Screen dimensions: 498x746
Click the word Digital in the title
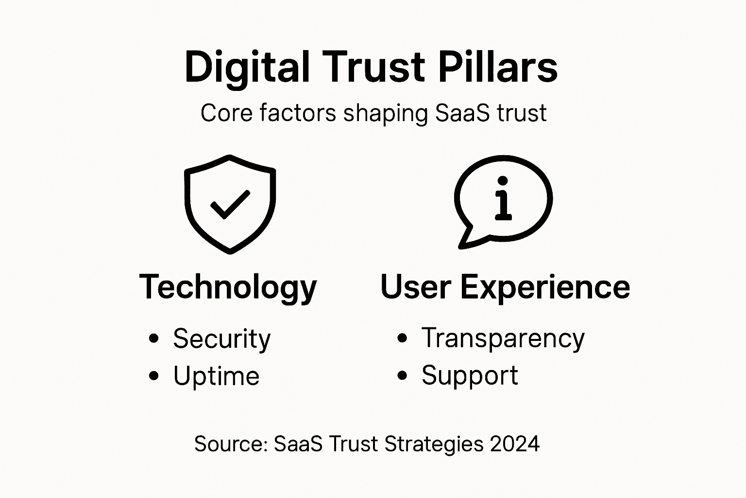(x=247, y=68)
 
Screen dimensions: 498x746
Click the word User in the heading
(x=416, y=286)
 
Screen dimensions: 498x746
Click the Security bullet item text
(x=221, y=339)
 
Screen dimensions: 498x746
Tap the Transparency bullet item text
(x=503, y=338)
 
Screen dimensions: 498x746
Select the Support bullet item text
(x=470, y=376)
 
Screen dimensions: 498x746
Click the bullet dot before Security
(x=154, y=338)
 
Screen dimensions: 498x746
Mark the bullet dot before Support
(x=402, y=375)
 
